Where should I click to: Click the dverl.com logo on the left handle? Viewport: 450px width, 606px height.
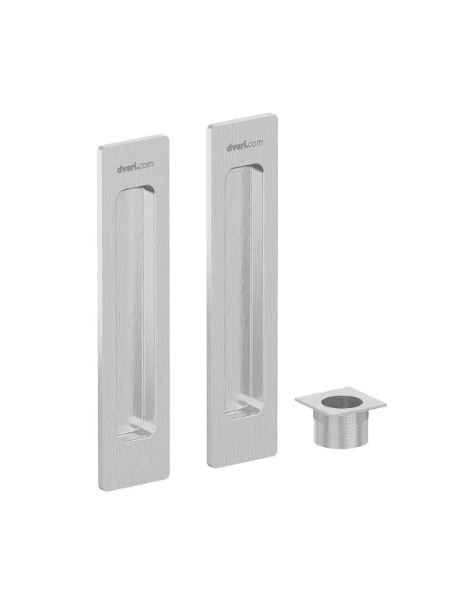(x=135, y=167)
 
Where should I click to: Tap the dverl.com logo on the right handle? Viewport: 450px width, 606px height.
(x=244, y=145)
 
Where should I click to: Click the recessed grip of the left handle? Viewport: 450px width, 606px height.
(x=135, y=313)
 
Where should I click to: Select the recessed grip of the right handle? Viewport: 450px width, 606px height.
(x=244, y=291)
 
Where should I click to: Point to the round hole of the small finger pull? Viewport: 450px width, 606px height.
(x=340, y=403)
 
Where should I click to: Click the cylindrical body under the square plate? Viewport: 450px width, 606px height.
(x=341, y=430)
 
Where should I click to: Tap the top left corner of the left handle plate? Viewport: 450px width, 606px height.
(x=99, y=148)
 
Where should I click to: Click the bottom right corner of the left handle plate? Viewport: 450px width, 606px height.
(x=168, y=479)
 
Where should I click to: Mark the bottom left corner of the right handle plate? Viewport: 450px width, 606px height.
(x=208, y=466)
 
